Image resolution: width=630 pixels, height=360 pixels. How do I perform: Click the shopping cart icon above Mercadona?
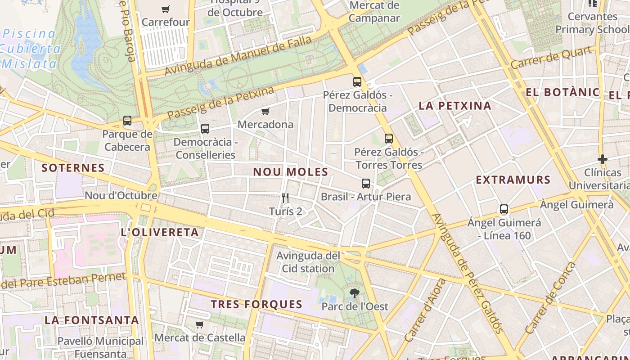(265, 111)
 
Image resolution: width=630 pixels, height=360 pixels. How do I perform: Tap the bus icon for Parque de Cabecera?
(127, 121)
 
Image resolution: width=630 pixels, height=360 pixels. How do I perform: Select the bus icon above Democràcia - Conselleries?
(205, 129)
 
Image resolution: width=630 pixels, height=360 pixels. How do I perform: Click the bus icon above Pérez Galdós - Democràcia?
(357, 82)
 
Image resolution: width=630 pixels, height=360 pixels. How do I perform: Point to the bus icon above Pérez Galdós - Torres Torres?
(389, 139)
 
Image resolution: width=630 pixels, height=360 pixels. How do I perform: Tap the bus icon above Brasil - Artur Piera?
(366, 184)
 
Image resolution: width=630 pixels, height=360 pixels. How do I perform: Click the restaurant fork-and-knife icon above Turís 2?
(285, 198)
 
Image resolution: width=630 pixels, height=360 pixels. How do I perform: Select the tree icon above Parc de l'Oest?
(355, 293)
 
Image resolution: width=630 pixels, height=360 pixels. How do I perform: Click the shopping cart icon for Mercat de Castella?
(200, 324)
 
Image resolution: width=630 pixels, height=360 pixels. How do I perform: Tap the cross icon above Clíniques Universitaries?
(603, 159)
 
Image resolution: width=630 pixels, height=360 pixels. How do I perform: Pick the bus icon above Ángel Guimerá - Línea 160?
(504, 209)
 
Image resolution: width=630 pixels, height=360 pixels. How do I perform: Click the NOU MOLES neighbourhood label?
(291, 172)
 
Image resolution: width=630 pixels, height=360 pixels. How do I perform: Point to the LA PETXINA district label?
(455, 106)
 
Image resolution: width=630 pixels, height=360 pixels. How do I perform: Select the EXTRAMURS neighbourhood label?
(513, 180)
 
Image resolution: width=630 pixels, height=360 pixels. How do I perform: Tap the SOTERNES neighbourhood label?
(73, 168)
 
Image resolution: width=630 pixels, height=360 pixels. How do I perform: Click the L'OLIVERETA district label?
(160, 232)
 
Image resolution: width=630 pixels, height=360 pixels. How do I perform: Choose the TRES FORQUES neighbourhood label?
(257, 304)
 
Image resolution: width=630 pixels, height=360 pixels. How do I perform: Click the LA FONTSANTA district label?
(92, 320)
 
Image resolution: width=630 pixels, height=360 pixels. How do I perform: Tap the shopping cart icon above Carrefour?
(166, 9)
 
